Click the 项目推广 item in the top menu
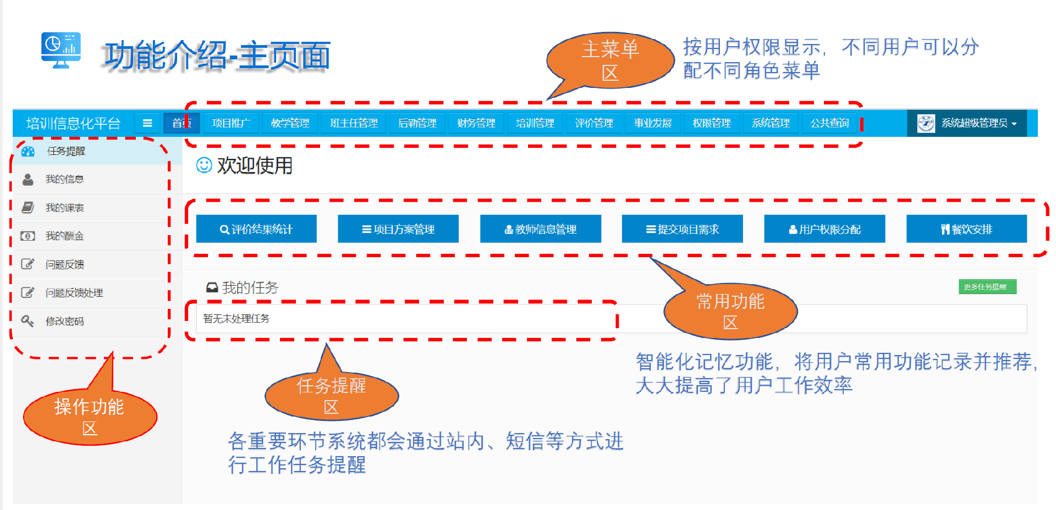[231, 123]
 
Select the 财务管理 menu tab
[476, 123]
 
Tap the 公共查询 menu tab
[829, 123]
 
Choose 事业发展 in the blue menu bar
[653, 123]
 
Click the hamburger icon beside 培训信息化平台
[147, 123]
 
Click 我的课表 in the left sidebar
[65, 208]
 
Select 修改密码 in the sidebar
[65, 321]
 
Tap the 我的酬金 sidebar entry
[65, 236]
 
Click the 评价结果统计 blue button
[256, 229]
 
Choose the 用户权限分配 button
[824, 229]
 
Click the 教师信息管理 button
[541, 229]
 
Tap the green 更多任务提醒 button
[987, 287]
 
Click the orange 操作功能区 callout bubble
[90, 417]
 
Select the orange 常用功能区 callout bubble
[730, 311]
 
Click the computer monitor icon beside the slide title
[61, 49]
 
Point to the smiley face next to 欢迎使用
[204, 165]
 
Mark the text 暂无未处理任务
[237, 319]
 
